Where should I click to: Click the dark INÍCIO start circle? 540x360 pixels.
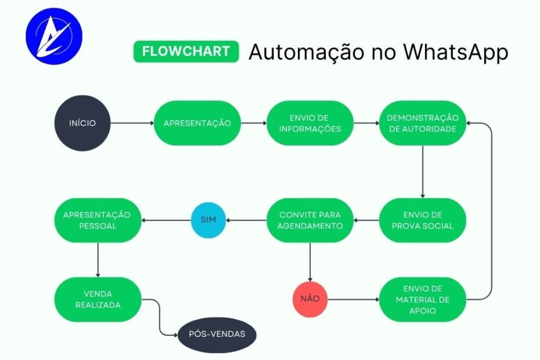(x=82, y=123)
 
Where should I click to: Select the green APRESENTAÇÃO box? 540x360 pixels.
(x=197, y=123)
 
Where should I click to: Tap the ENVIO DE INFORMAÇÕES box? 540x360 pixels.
(x=309, y=123)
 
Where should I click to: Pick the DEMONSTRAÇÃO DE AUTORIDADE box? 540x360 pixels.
(x=422, y=123)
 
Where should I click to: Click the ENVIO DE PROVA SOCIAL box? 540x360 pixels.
(x=423, y=221)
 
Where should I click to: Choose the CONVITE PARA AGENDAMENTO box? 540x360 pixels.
(x=310, y=221)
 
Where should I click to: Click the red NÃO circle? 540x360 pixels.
(x=310, y=299)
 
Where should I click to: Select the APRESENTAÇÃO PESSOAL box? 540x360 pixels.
(x=98, y=221)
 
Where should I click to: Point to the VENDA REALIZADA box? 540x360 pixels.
(x=98, y=299)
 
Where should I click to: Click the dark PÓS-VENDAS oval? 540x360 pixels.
(x=217, y=334)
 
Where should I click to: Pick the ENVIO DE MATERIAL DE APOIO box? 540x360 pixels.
(x=423, y=299)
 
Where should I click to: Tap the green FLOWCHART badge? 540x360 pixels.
(x=186, y=51)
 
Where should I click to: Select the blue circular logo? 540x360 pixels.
(x=53, y=37)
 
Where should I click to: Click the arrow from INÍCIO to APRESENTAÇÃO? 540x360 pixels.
(x=132, y=123)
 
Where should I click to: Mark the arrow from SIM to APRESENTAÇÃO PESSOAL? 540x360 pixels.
(x=167, y=221)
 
